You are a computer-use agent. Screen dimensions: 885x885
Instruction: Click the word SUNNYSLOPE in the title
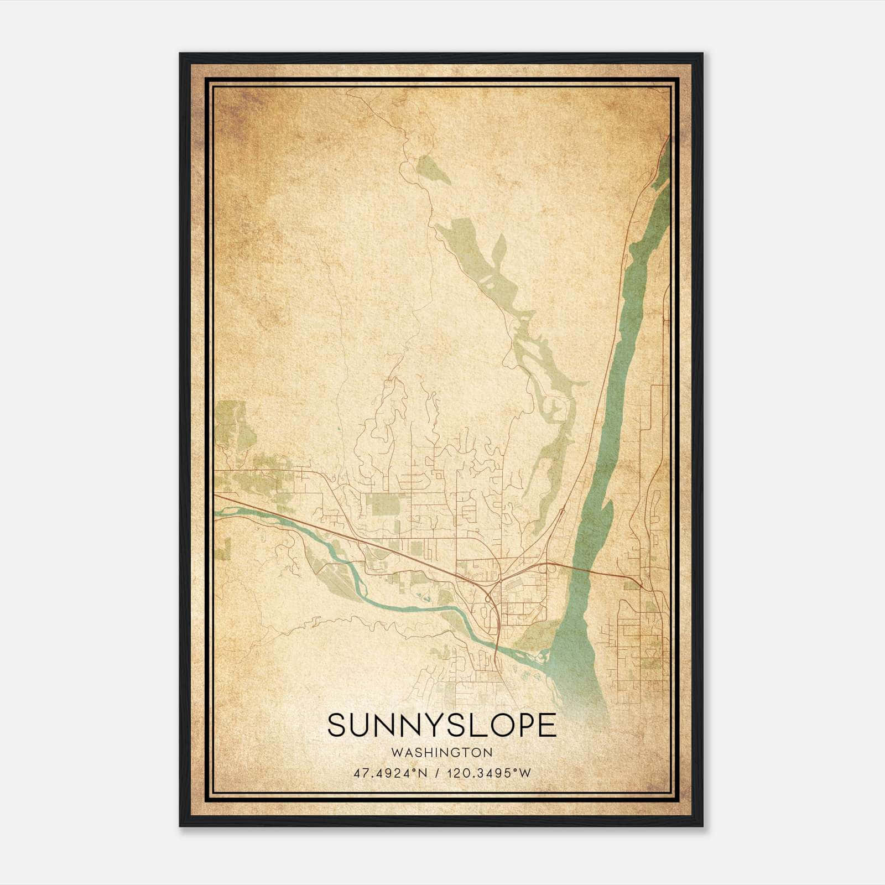click(442, 725)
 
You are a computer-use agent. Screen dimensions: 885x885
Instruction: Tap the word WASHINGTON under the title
click(442, 752)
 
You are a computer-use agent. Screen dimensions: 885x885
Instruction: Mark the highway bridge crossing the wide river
click(586, 570)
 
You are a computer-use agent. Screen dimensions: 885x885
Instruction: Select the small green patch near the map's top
click(433, 169)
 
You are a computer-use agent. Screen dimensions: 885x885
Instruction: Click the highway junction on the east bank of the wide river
click(640, 584)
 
